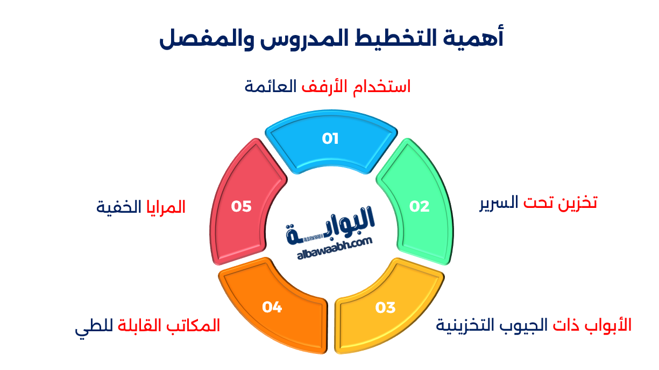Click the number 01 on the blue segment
330,139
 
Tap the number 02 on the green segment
420,206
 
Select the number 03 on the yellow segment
385,308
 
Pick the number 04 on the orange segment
272,307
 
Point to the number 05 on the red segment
242,206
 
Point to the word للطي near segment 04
89,326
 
